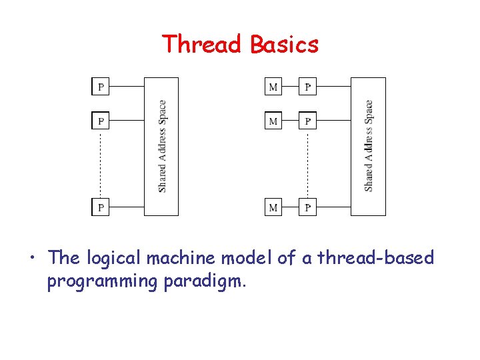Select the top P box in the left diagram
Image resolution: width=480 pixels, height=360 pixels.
[101, 86]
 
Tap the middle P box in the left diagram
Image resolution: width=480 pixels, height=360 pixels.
[101, 121]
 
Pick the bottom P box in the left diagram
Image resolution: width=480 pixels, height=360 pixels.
[101, 207]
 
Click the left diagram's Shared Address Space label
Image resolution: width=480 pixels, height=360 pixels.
[163, 146]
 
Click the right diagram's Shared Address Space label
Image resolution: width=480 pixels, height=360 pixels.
[369, 146]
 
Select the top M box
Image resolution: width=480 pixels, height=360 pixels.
[273, 86]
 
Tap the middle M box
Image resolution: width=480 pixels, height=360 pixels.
[273, 121]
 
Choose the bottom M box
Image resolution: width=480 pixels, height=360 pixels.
[273, 207]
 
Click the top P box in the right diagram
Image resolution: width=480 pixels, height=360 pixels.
[308, 86]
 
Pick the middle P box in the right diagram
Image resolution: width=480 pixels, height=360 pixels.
[308, 121]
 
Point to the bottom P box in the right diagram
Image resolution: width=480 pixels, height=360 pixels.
[308, 207]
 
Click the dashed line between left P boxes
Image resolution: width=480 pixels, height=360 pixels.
[101, 163]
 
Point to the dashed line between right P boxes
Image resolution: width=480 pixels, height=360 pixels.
[308, 163]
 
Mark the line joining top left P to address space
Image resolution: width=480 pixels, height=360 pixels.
[127, 86]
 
